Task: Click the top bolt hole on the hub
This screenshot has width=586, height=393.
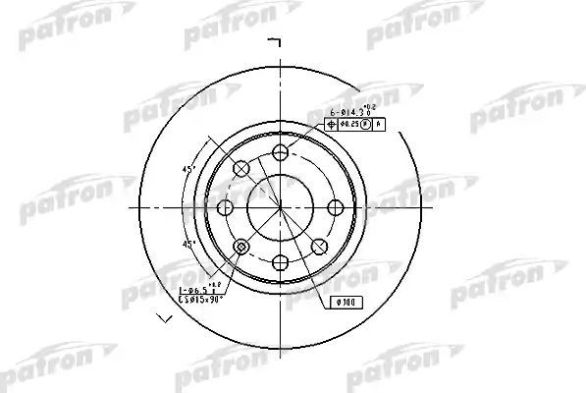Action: [281, 152]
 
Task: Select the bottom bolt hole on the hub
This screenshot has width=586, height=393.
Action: [281, 260]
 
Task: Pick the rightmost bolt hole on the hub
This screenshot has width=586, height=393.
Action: [335, 206]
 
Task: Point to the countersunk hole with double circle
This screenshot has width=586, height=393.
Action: [242, 245]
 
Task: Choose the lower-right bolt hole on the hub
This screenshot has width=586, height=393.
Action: [319, 245]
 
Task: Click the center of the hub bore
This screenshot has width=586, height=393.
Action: [281, 206]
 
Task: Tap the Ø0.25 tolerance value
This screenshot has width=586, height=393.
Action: [349, 124]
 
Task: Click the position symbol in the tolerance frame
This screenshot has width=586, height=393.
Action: [332, 124]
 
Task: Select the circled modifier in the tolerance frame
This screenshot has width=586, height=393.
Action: [365, 124]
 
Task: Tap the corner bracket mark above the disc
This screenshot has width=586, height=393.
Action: [276, 41]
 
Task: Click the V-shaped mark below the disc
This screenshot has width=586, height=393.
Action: [163, 318]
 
